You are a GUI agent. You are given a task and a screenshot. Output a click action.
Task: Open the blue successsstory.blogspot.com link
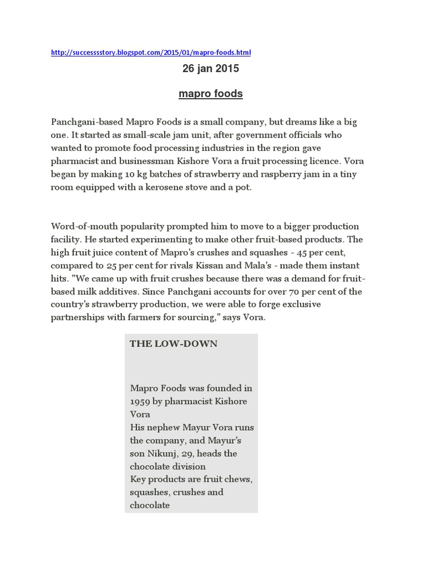151,53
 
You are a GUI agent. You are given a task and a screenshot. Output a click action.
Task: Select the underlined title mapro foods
210,94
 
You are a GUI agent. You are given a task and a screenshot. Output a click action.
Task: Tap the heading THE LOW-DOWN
174,344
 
